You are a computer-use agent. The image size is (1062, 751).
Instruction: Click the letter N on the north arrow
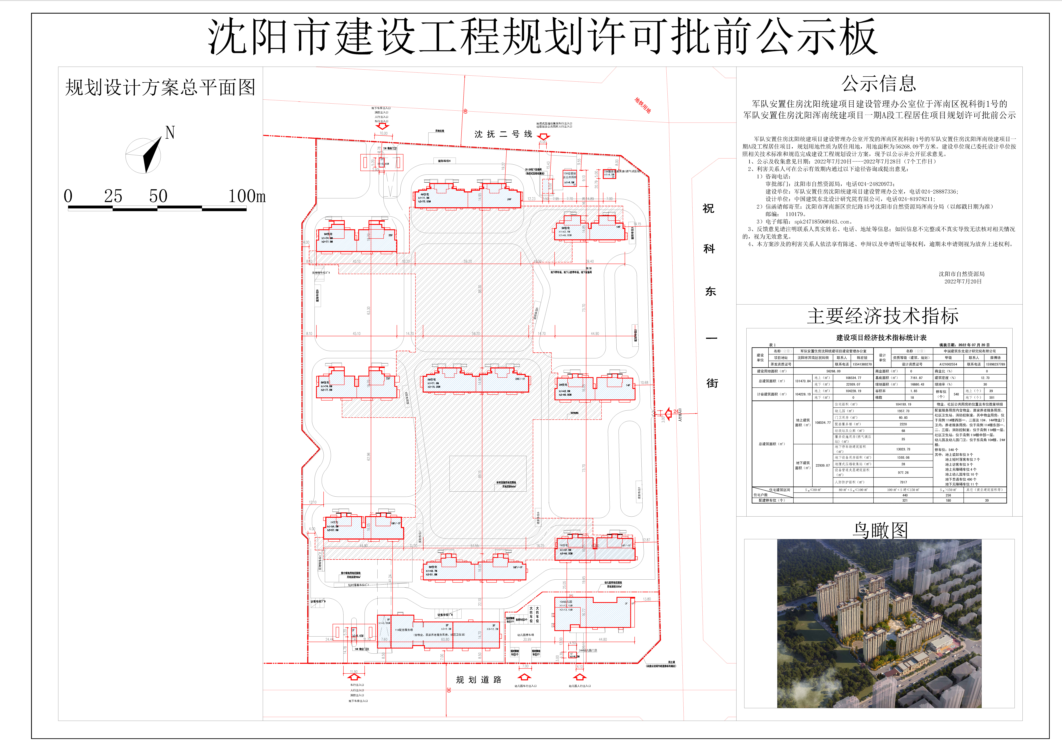(x=170, y=133)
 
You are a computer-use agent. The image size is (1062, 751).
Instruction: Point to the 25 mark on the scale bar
(x=113, y=196)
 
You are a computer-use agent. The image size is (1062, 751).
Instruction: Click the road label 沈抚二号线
(x=503, y=134)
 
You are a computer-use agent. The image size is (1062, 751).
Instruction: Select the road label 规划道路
(x=479, y=680)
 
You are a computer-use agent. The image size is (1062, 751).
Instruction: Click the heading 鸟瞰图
(x=880, y=530)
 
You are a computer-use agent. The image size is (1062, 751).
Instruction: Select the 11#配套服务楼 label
(x=403, y=630)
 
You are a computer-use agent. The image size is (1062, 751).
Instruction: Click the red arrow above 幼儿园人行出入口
(x=580, y=678)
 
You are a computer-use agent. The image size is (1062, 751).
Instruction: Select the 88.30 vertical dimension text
(x=480, y=289)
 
